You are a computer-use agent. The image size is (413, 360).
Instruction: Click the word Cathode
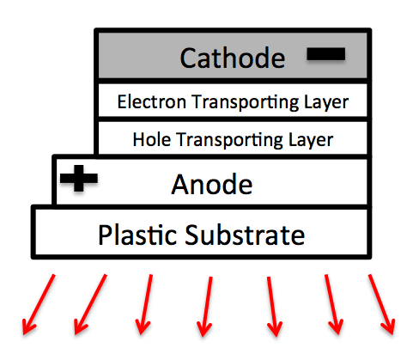point(233,58)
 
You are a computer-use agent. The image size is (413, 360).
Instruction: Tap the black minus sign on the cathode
point(325,54)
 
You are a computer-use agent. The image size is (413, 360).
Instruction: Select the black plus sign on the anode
point(79,178)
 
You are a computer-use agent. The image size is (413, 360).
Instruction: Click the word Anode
point(212,185)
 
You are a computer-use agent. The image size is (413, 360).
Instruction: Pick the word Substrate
point(245,235)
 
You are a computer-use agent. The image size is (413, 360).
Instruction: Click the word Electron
point(152,101)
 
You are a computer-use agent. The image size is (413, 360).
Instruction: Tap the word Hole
point(152,140)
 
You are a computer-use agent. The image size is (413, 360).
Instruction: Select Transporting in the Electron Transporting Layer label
point(246,103)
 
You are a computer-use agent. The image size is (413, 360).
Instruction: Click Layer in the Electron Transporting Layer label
point(326,103)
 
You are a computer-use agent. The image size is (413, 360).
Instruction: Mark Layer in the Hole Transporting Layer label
point(311,141)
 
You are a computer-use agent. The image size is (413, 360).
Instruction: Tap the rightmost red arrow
point(382,304)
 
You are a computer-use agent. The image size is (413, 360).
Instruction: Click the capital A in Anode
point(182,185)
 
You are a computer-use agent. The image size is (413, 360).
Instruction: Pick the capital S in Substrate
point(192,235)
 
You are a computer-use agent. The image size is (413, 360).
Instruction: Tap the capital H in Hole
point(139,140)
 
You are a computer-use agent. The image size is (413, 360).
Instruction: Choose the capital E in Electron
point(122,101)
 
